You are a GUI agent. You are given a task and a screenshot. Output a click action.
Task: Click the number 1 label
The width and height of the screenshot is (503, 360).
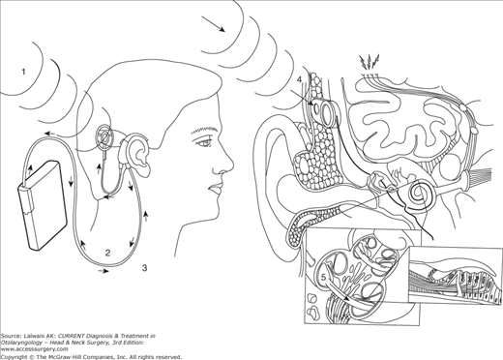[x=23, y=72]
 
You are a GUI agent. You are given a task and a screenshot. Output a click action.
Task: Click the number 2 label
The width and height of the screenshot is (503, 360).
[x=108, y=253]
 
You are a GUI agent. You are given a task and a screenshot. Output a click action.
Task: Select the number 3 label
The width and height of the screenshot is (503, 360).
[x=144, y=267]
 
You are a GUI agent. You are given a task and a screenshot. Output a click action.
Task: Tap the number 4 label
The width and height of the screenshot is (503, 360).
[x=300, y=79]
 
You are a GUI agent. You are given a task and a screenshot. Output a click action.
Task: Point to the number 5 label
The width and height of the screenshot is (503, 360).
[x=324, y=277]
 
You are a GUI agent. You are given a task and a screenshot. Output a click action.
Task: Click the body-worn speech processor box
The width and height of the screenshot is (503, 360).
[x=43, y=205]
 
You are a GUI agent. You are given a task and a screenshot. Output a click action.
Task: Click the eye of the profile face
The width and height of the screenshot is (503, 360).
[x=203, y=142]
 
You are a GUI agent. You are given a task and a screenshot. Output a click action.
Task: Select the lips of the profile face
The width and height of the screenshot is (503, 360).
[x=216, y=190]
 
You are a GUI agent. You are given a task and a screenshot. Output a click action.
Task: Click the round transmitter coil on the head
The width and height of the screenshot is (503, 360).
[x=105, y=137]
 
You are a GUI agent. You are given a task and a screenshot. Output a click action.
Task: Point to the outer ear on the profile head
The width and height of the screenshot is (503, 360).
[x=138, y=154]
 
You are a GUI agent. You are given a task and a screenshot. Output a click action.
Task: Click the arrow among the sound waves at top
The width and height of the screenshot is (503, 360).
[x=214, y=24]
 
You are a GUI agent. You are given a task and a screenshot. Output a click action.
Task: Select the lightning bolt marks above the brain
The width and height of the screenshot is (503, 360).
[x=369, y=63]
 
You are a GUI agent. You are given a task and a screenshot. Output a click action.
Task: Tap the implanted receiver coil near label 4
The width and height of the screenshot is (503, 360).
[x=326, y=112]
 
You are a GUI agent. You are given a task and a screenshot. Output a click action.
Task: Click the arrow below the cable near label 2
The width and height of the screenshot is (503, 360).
[x=104, y=271]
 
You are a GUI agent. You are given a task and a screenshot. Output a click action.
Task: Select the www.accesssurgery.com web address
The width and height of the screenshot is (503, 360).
[x=34, y=349]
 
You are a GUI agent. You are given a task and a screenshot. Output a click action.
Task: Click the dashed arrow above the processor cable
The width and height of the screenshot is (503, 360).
[x=51, y=134]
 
